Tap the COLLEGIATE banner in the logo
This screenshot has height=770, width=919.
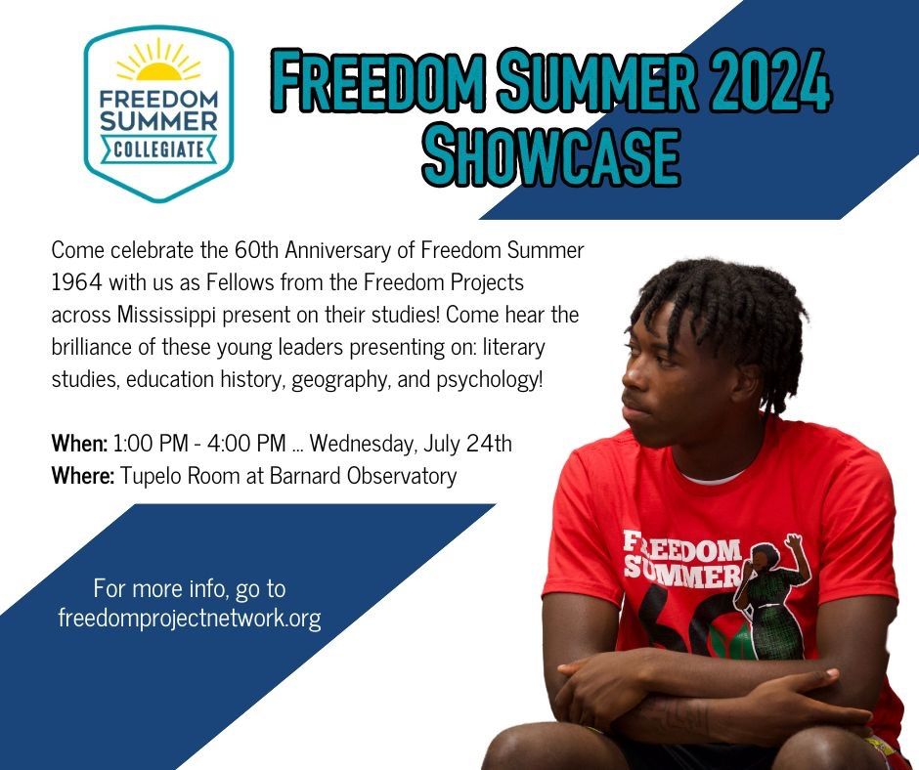point(158,149)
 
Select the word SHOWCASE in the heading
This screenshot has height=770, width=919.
point(551,156)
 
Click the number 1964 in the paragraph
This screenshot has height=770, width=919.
point(76,282)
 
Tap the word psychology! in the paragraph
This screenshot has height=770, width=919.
point(490,380)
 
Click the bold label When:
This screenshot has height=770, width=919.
point(80,443)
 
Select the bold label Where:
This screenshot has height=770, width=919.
point(83,475)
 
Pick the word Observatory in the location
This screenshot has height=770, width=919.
point(402,476)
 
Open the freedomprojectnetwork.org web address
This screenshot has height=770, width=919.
point(190,618)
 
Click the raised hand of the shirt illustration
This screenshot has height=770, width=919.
point(794,542)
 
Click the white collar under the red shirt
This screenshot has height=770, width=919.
point(714,478)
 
